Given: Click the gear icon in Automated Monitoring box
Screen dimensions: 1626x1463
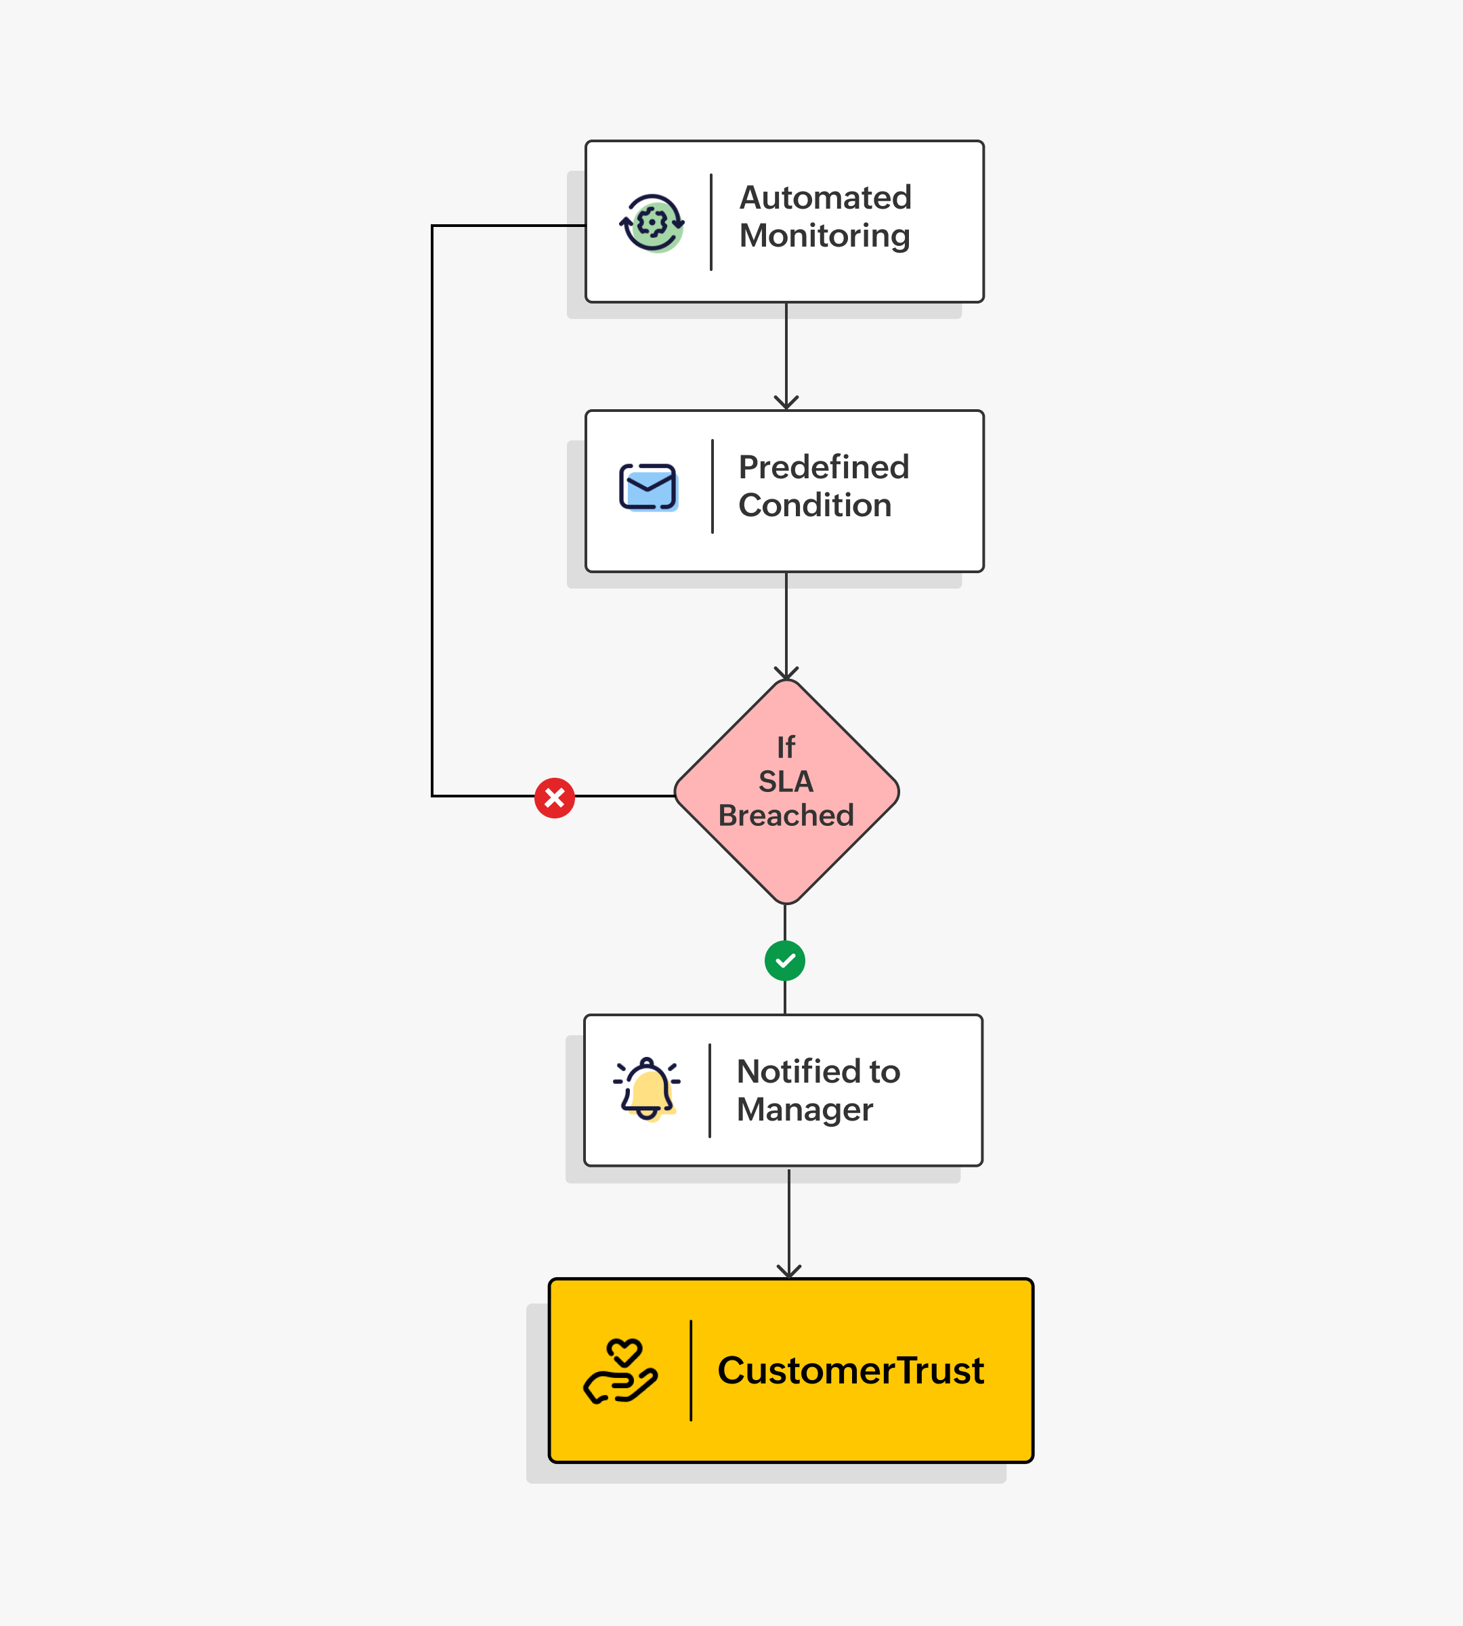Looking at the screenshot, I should [x=652, y=223].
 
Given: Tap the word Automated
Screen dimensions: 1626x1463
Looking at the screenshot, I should [x=825, y=198].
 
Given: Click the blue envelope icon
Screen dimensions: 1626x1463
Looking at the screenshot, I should [x=648, y=486].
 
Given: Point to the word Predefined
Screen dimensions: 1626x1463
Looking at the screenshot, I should [x=823, y=467].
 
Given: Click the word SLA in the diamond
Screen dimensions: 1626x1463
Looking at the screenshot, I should [x=786, y=782].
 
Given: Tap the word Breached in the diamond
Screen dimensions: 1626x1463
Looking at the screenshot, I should [x=786, y=816].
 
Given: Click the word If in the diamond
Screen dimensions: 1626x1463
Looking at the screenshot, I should [x=786, y=748].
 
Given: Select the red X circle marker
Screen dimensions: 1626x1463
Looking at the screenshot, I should [x=555, y=797].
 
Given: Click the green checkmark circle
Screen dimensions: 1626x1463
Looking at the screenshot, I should [x=784, y=961].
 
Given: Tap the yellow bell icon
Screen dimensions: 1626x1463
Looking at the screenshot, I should [x=647, y=1089].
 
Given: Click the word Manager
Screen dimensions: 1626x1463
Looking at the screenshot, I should [x=805, y=1110].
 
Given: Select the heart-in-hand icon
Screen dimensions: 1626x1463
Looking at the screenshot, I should [x=620, y=1371].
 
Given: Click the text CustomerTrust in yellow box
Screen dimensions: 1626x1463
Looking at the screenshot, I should [x=851, y=1371].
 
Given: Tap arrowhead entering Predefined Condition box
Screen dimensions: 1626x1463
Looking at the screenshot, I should [x=786, y=403].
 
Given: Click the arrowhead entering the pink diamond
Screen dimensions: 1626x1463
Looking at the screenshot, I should [x=786, y=673].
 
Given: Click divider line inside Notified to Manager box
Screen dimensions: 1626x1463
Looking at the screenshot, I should [x=710, y=1090].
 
